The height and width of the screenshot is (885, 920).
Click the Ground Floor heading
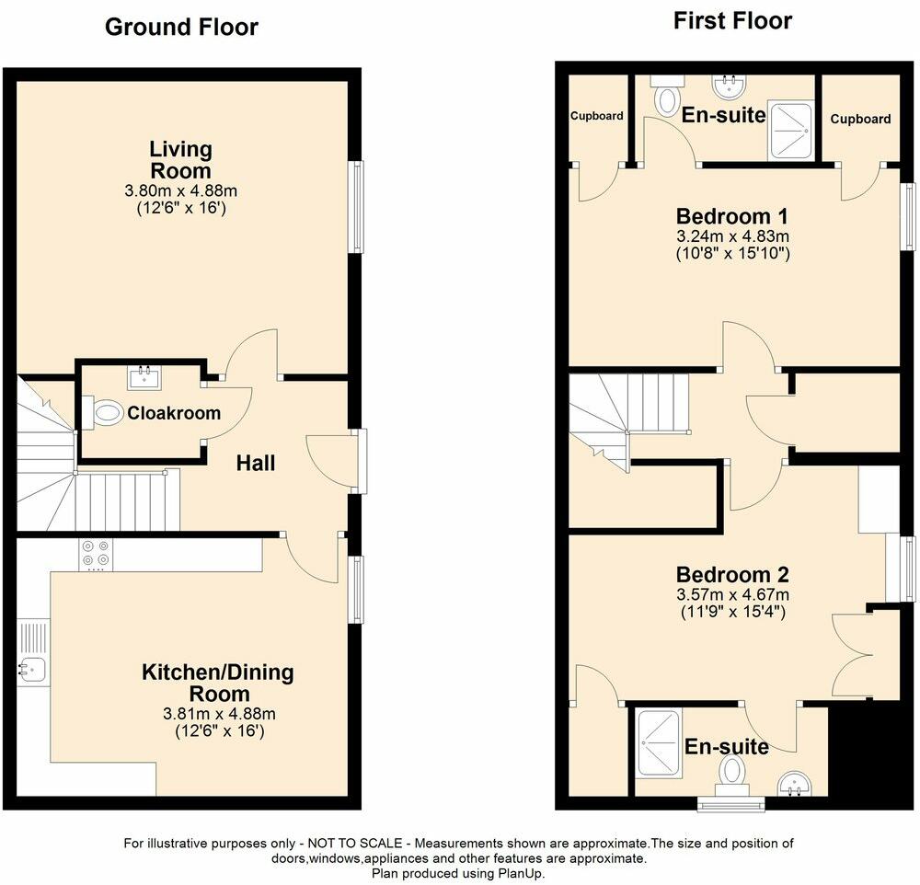coord(181,27)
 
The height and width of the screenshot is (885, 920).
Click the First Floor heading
coord(732,21)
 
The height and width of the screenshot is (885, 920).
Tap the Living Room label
coord(181,159)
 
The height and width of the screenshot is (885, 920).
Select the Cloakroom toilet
coord(104,413)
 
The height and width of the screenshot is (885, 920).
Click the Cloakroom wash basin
coord(144,376)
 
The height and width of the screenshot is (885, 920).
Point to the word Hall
coord(255,464)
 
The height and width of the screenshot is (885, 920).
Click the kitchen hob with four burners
coord(96,555)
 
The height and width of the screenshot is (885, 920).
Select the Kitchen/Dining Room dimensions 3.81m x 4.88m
coord(219,713)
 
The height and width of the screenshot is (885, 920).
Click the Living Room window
coord(356,207)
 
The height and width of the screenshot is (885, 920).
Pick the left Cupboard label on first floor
coord(596,116)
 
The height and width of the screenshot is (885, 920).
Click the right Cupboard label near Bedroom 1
coord(860,119)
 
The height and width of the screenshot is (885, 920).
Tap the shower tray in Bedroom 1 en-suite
coord(790,129)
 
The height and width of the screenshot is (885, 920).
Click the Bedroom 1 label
coord(732,217)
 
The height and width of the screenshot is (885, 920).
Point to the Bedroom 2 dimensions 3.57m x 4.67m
coord(732,593)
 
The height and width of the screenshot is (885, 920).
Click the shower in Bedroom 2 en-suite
coord(660,741)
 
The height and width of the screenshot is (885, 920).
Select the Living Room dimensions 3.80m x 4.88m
coord(181,191)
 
